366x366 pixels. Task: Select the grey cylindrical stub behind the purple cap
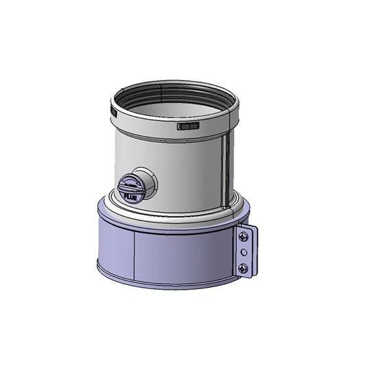pyautogui.click(x=146, y=182)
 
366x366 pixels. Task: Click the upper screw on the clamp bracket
pyautogui.click(x=243, y=237)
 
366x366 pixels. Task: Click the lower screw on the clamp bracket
pyautogui.click(x=243, y=268)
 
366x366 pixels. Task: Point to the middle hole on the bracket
pyautogui.click(x=243, y=253)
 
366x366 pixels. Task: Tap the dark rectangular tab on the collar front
pyautogui.click(x=187, y=126)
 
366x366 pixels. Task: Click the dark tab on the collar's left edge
pyautogui.click(x=112, y=107)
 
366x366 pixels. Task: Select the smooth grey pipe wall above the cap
pyautogui.click(x=165, y=155)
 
